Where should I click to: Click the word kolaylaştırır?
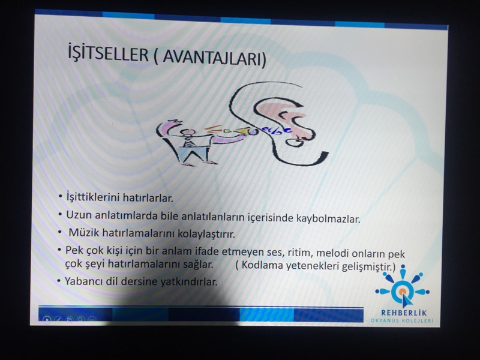coord(206,234)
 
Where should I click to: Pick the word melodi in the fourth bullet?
coord(332,253)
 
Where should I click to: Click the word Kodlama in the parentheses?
coord(262,265)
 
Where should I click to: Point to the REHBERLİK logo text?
coord(404,313)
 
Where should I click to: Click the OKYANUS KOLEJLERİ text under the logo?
coord(401,321)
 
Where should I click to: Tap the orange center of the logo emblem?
coord(403,291)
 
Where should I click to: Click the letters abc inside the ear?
coord(277,131)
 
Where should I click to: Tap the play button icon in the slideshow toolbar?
coord(47,320)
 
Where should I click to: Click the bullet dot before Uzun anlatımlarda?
coord(61,214)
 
